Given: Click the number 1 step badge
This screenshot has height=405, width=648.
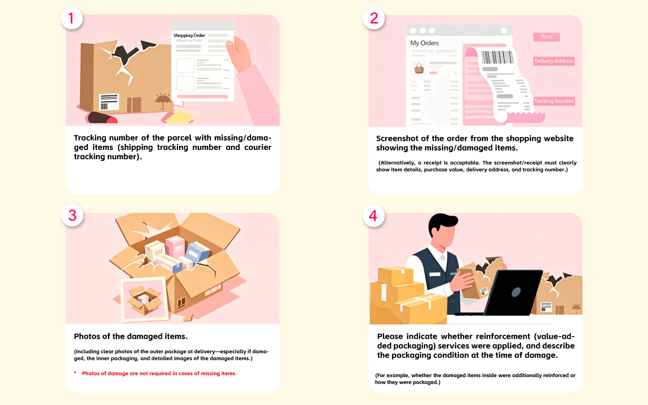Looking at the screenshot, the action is [x=72, y=18].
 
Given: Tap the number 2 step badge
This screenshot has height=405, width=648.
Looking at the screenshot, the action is [x=374, y=18].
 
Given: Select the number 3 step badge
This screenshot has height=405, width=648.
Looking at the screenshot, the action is [x=72, y=216].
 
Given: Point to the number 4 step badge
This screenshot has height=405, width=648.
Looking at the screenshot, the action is [x=373, y=216].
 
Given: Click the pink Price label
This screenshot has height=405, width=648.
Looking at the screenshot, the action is [x=546, y=37].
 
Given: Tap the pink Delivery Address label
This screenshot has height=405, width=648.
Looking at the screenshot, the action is [x=553, y=61].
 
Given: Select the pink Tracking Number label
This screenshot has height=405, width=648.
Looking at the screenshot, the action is [x=554, y=101].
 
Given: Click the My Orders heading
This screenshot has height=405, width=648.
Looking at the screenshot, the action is [x=424, y=43].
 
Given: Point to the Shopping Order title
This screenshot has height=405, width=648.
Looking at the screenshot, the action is [x=189, y=35].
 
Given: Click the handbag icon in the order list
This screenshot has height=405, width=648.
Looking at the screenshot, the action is [x=419, y=68].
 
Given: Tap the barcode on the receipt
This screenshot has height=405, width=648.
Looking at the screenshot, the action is [x=497, y=57].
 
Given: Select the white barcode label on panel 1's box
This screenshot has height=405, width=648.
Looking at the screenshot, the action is [x=109, y=102].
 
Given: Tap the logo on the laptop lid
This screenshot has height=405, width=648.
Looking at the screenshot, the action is [x=516, y=292].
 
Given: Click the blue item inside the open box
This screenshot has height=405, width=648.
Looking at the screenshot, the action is [x=197, y=252].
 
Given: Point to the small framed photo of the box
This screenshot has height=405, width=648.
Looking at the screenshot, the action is [x=144, y=299].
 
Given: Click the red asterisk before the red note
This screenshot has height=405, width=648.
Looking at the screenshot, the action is [x=75, y=373].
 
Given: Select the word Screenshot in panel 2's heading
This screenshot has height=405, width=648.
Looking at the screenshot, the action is [x=396, y=139].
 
